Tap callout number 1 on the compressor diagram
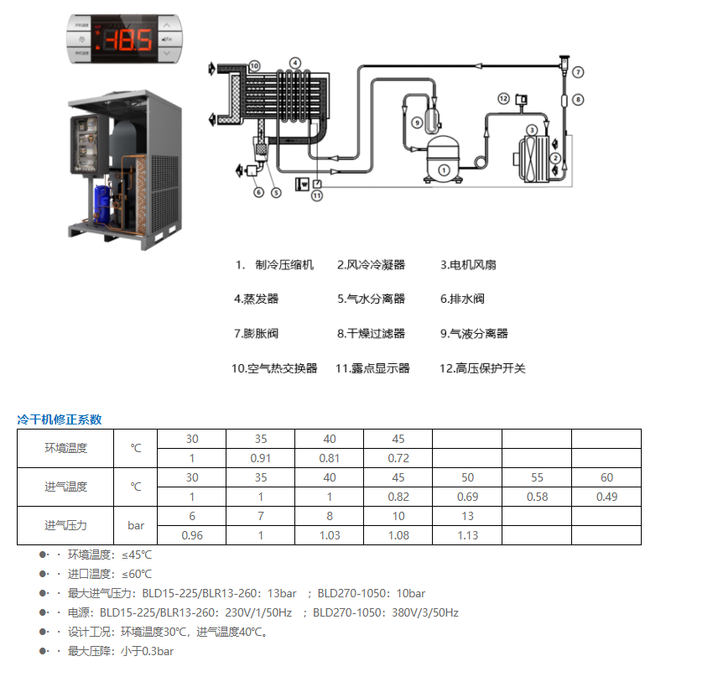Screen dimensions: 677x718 (x=445, y=169)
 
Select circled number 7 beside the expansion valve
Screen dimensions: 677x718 (x=578, y=72)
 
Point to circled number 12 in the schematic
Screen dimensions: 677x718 (x=503, y=99)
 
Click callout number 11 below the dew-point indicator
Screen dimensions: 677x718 (x=317, y=195)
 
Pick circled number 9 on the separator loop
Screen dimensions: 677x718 (x=417, y=122)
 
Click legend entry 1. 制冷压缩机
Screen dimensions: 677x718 (x=275, y=265)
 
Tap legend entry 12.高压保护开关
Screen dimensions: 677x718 (x=482, y=368)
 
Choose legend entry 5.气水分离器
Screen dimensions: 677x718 (x=371, y=299)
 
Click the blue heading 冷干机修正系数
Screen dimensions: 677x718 (x=60, y=419)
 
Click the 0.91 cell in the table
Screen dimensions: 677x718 (x=260, y=458)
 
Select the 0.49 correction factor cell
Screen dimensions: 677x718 (x=606, y=497)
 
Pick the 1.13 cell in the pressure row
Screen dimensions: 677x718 (x=467, y=535)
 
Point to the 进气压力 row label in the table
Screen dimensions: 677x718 (x=65, y=526)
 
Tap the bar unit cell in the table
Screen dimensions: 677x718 (x=136, y=526)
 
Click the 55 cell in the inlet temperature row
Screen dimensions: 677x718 (x=537, y=477)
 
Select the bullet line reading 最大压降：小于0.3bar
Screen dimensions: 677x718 (x=121, y=651)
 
